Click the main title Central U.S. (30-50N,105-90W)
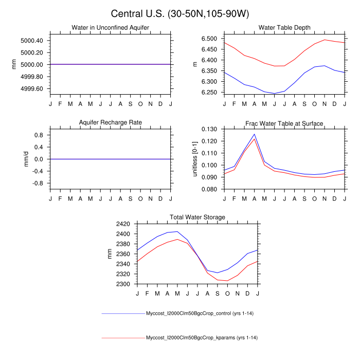point(179,13)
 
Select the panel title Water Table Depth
point(284,28)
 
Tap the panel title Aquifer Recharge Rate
point(111,122)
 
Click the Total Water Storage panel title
point(197,217)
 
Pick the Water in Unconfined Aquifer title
point(111,28)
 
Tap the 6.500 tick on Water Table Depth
point(210,39)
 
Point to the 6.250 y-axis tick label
point(210,93)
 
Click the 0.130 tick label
point(210,129)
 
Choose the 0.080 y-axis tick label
point(210,190)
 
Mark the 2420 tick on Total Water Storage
point(123,224)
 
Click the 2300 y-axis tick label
point(123,284)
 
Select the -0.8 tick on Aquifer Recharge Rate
point(38,183)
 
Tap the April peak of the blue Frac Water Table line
point(254,134)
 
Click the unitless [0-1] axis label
point(195,158)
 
